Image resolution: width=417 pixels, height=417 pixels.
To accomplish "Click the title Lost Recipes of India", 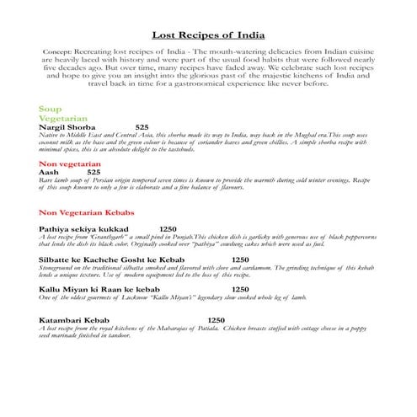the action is coord(207,35).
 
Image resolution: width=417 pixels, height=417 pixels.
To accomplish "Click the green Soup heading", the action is coord(51,110).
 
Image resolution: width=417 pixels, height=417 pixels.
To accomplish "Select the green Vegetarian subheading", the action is coord(64,119).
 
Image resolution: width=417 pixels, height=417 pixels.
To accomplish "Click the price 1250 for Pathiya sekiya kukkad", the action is coord(168,229).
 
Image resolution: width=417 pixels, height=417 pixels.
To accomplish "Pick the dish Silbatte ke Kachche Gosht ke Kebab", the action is coord(111,259).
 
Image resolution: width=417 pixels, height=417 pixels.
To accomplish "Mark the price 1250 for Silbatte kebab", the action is coord(240,259).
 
